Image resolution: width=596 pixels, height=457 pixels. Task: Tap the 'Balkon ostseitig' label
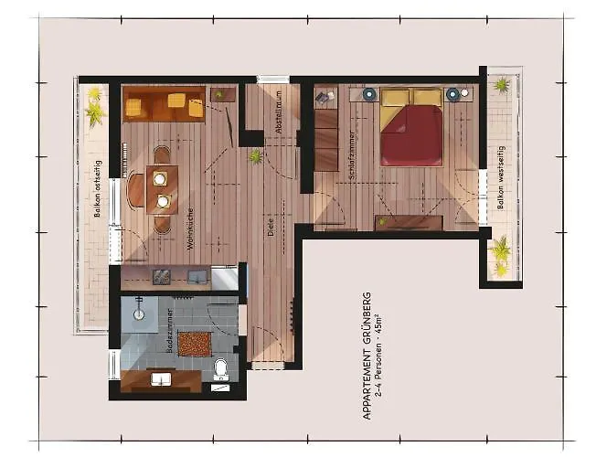(x=97, y=194)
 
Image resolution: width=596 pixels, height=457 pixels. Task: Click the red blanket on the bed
(x=412, y=135)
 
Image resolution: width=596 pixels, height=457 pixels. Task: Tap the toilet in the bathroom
(x=220, y=368)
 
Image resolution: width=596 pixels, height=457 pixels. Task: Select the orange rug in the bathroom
(x=193, y=345)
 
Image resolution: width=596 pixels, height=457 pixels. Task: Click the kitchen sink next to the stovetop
(x=197, y=275)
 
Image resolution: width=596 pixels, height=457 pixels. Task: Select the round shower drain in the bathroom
(x=140, y=315)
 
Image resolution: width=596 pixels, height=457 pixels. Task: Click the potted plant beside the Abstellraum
(x=257, y=156)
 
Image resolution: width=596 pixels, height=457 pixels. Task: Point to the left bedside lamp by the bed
(x=369, y=93)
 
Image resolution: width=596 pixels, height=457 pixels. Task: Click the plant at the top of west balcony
(x=501, y=85)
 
